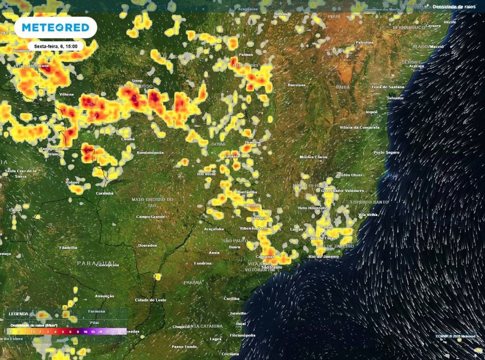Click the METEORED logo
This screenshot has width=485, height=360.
click(x=55, y=27)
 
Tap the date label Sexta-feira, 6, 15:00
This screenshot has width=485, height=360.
click(x=55, y=46)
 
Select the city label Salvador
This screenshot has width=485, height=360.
click(x=395, y=98)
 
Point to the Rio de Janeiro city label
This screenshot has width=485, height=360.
click(x=323, y=256)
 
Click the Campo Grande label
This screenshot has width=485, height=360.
click(x=150, y=216)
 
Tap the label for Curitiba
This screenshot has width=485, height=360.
click(x=232, y=298)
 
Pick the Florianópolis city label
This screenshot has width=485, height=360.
click(x=242, y=335)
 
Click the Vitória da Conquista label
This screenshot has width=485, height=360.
click(x=359, y=127)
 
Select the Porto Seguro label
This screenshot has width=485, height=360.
click(x=386, y=153)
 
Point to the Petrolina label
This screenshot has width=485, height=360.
click(x=364, y=42)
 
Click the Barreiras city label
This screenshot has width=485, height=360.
click(x=296, y=85)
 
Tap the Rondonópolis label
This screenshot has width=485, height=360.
click(x=150, y=153)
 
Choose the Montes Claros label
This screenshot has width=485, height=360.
click(x=314, y=157)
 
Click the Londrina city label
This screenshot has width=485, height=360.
click(x=203, y=263)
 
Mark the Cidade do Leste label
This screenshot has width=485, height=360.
click(x=151, y=300)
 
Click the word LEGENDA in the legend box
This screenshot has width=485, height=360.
click(x=18, y=314)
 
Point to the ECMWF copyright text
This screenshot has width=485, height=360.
click(x=455, y=336)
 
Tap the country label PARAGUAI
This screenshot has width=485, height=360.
click(x=96, y=262)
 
